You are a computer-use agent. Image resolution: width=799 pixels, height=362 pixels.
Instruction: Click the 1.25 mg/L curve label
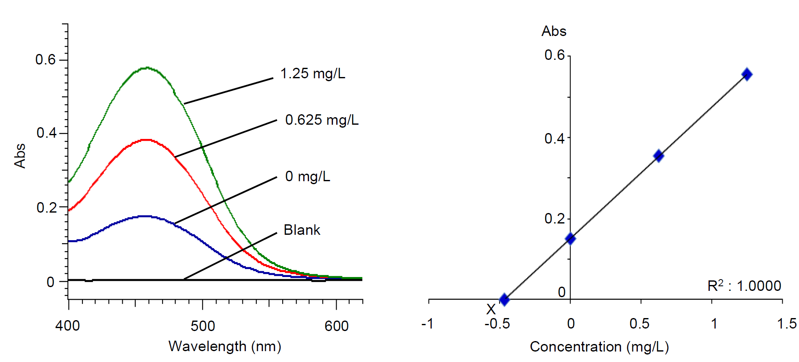pyautogui.click(x=312, y=74)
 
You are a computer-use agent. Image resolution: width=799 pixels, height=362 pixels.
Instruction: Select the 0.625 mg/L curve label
pyautogui.click(x=322, y=120)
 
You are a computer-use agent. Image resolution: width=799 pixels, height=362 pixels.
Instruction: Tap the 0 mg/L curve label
pyautogui.click(x=307, y=177)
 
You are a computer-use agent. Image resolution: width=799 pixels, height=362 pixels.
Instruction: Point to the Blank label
pyautogui.click(x=302, y=230)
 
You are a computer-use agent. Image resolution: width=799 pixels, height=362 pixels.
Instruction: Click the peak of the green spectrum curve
pyautogui.click(x=147, y=67)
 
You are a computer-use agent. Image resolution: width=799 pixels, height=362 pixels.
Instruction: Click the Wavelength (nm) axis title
pyautogui.click(x=224, y=347)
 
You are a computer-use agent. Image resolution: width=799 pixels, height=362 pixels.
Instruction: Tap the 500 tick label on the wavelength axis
pyautogui.click(x=203, y=326)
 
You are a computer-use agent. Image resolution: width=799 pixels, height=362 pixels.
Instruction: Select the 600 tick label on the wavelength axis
pyautogui.click(x=336, y=326)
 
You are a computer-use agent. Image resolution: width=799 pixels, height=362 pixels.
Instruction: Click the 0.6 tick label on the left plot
pyautogui.click(x=45, y=60)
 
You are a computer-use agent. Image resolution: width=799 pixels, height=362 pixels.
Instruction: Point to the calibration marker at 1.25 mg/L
pyautogui.click(x=747, y=75)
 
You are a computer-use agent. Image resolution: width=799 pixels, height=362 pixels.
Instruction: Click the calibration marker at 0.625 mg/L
pyautogui.click(x=658, y=156)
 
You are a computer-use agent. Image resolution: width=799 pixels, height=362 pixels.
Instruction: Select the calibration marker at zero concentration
pyautogui.click(x=570, y=239)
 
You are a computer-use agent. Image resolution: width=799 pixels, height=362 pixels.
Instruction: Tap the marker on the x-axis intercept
pyautogui.click(x=504, y=299)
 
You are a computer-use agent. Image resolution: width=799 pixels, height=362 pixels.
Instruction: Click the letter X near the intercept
pyautogui.click(x=491, y=310)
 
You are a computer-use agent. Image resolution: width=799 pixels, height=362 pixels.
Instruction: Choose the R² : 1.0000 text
pyautogui.click(x=744, y=286)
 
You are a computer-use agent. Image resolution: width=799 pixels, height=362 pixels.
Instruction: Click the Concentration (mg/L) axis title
pyautogui.click(x=599, y=347)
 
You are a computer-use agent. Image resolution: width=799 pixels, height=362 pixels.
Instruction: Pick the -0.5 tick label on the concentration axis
pyautogui.click(x=497, y=324)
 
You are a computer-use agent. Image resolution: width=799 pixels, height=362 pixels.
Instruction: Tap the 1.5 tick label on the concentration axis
pyautogui.click(x=786, y=324)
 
